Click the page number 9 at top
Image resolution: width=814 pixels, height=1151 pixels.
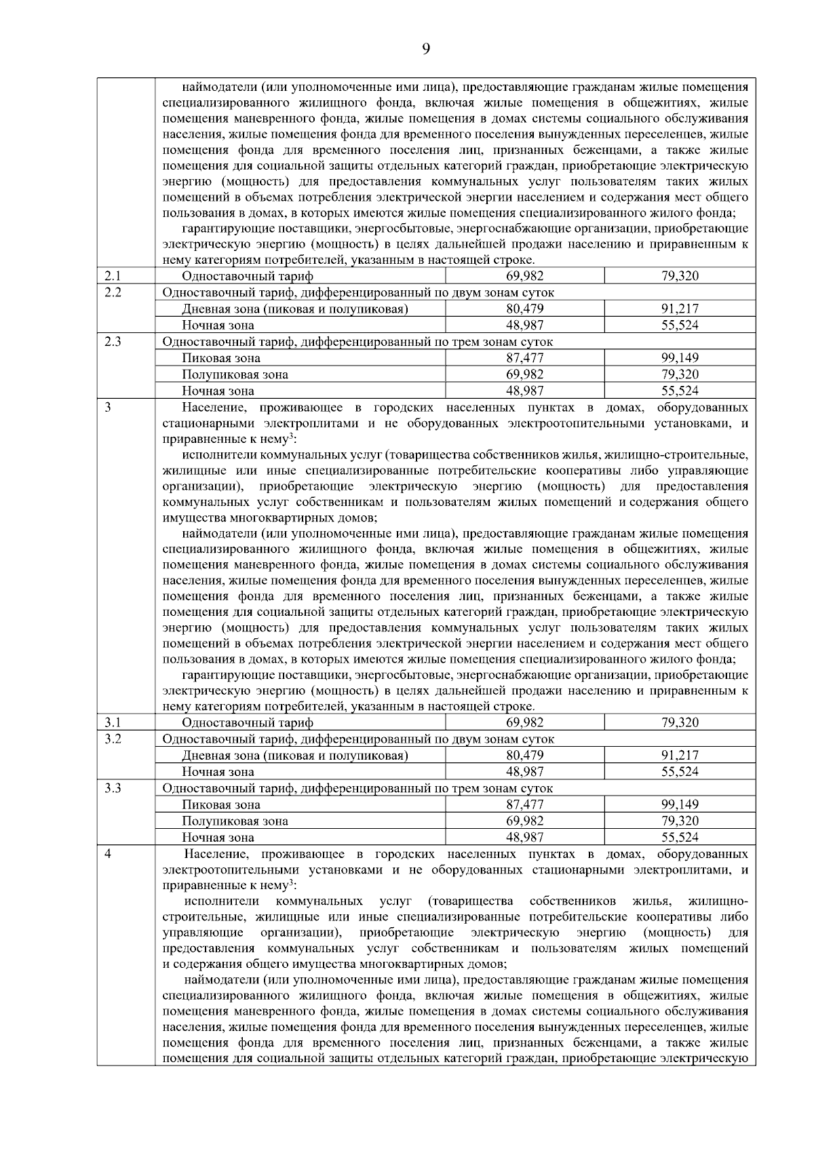(426, 48)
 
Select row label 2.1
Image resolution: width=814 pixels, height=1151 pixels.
(113, 275)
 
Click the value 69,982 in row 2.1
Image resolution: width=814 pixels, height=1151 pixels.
(524, 276)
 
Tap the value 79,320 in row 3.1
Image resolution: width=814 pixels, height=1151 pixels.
(680, 722)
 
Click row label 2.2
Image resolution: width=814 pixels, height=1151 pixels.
(113, 292)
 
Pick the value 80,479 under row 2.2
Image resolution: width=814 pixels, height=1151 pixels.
(524, 309)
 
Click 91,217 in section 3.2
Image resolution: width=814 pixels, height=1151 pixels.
(680, 755)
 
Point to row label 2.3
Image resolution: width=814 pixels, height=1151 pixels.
(113, 342)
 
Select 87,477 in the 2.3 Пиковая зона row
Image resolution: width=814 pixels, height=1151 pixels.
(524, 358)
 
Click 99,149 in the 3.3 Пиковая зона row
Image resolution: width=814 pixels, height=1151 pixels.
(680, 804)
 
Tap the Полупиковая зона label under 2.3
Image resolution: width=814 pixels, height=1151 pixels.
(235, 374)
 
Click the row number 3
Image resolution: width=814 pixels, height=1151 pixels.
(109, 407)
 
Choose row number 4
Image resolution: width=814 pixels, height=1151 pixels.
(109, 853)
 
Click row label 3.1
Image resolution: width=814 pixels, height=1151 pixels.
(113, 722)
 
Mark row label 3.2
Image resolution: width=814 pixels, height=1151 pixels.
(113, 739)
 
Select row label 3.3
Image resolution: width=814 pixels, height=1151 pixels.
(113, 788)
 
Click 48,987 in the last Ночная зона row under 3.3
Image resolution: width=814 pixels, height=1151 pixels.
(524, 838)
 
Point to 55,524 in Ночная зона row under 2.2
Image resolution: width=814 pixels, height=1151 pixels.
(680, 325)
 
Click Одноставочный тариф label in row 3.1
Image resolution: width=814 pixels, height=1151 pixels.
(248, 722)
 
